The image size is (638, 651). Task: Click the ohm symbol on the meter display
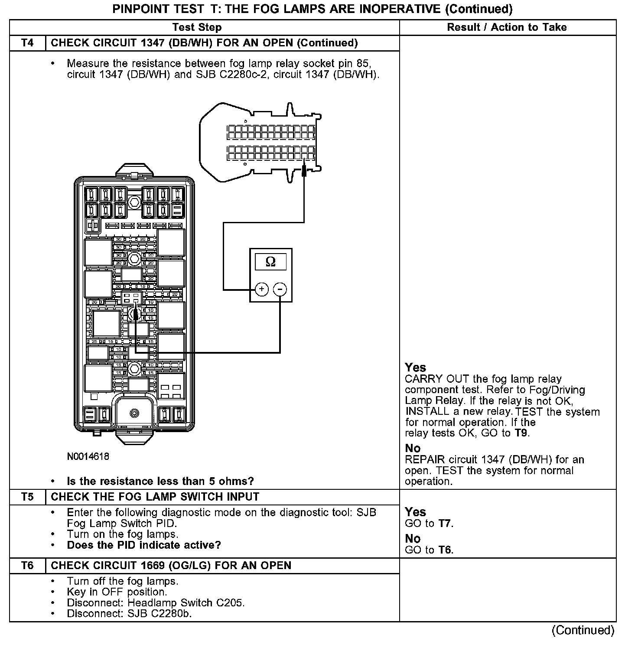coord(270,261)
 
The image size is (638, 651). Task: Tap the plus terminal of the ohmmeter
coord(261,289)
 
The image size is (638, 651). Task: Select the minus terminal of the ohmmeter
coord(280,289)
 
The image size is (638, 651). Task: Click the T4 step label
coord(27,43)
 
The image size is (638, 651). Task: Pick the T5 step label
coord(27,497)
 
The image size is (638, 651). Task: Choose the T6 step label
coord(27,566)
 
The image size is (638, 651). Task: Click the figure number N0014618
coord(88,456)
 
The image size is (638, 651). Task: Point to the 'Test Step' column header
coord(197,27)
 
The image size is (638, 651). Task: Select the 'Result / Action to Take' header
coord(507,27)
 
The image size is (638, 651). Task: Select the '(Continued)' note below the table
coord(583,630)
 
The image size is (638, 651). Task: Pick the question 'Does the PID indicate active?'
coord(144,545)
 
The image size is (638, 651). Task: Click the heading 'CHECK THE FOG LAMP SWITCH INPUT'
coord(155,497)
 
